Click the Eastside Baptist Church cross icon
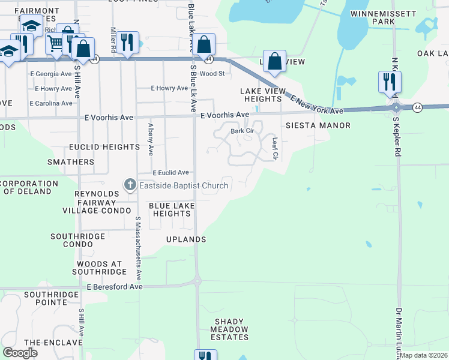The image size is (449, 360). click(130, 185)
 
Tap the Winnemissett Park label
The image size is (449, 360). click(382, 17)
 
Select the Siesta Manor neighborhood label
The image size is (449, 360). click(318, 126)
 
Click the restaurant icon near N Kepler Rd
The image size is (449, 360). click(390, 81)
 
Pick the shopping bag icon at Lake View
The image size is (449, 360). click(274, 61)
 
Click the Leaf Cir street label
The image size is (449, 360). click(275, 149)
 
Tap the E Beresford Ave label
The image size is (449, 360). click(115, 287)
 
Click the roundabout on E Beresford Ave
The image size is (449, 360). click(197, 280)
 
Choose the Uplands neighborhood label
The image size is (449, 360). click(186, 239)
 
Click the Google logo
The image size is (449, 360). click(20, 353)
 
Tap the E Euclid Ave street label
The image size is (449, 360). click(170, 172)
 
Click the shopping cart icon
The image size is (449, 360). click(55, 43)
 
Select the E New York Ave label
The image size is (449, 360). click(316, 103)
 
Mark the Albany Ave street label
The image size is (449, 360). click(150, 142)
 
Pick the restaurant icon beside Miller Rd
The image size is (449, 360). click(127, 42)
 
